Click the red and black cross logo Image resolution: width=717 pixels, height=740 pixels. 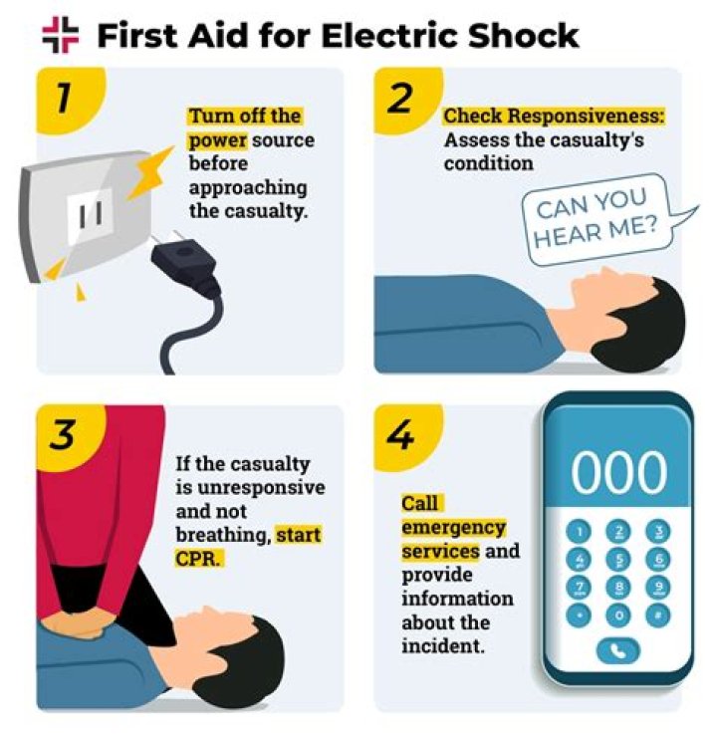tap(61, 35)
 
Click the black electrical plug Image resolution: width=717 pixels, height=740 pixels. tap(183, 263)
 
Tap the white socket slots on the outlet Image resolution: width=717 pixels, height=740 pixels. tap(91, 215)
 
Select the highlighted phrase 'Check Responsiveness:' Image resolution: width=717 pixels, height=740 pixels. tap(554, 117)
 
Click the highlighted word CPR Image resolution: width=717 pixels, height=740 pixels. tap(198, 559)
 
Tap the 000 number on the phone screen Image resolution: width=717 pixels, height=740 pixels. tap(618, 472)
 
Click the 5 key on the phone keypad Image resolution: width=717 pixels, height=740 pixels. tap(618, 560)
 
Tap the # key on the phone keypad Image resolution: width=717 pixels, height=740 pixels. tap(658, 615)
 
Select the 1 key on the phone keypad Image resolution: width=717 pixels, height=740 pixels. tap(579, 532)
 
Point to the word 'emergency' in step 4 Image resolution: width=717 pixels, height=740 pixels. tap(454, 528)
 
